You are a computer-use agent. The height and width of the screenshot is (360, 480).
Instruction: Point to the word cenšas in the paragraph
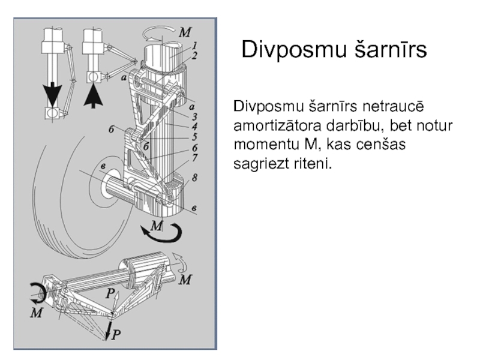click(385, 145)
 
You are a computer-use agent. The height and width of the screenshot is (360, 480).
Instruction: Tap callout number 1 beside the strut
click(196, 45)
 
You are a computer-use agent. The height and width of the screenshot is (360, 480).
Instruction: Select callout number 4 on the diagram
click(195, 127)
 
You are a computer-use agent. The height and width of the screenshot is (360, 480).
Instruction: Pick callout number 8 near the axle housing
click(196, 178)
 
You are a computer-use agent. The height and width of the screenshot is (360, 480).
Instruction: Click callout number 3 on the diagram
click(195, 116)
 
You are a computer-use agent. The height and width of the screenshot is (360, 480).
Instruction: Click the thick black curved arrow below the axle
click(161, 232)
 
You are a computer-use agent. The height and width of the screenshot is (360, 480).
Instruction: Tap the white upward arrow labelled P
click(116, 296)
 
